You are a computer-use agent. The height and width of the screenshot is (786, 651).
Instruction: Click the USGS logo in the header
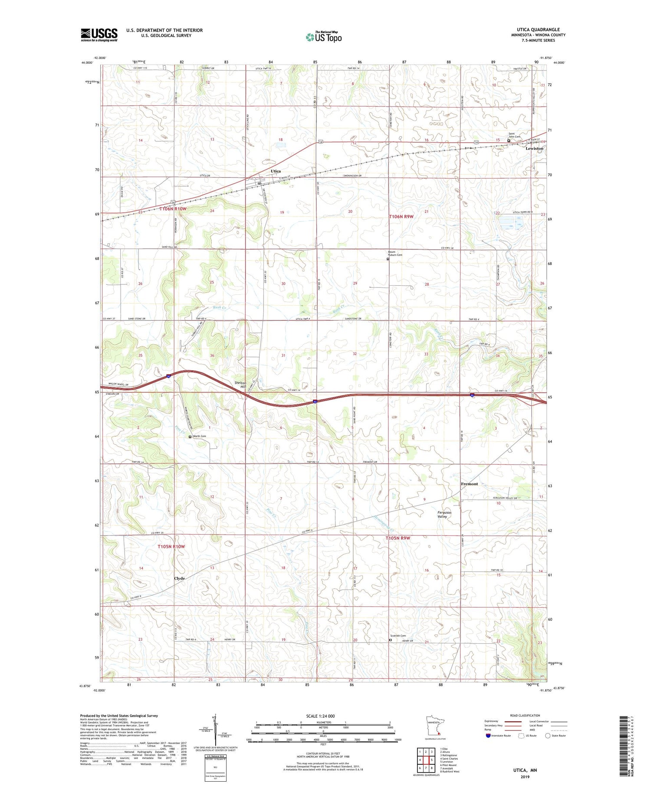click(x=99, y=35)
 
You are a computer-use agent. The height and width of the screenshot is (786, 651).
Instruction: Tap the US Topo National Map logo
click(x=324, y=37)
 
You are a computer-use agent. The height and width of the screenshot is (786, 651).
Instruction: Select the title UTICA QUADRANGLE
click(x=540, y=29)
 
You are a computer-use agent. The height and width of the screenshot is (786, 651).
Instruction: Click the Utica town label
click(x=276, y=171)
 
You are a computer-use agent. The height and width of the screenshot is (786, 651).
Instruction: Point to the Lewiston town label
click(x=534, y=148)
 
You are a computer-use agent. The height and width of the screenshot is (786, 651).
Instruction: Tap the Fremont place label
click(x=469, y=484)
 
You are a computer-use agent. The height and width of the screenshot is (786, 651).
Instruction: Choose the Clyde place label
click(x=179, y=578)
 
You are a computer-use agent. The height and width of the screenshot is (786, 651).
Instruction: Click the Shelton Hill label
click(x=240, y=385)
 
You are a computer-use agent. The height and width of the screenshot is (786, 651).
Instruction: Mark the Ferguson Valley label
click(x=444, y=515)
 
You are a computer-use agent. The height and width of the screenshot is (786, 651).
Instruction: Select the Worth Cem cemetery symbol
click(x=190, y=437)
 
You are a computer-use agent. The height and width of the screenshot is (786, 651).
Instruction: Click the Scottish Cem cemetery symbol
click(x=390, y=639)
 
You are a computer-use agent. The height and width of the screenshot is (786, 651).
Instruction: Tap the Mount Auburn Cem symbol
click(x=388, y=259)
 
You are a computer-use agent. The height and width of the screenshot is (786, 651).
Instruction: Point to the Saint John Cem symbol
click(x=509, y=140)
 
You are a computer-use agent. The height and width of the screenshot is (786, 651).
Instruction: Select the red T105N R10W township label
click(x=171, y=547)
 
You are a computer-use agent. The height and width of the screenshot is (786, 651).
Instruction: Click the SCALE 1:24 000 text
click(x=323, y=716)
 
